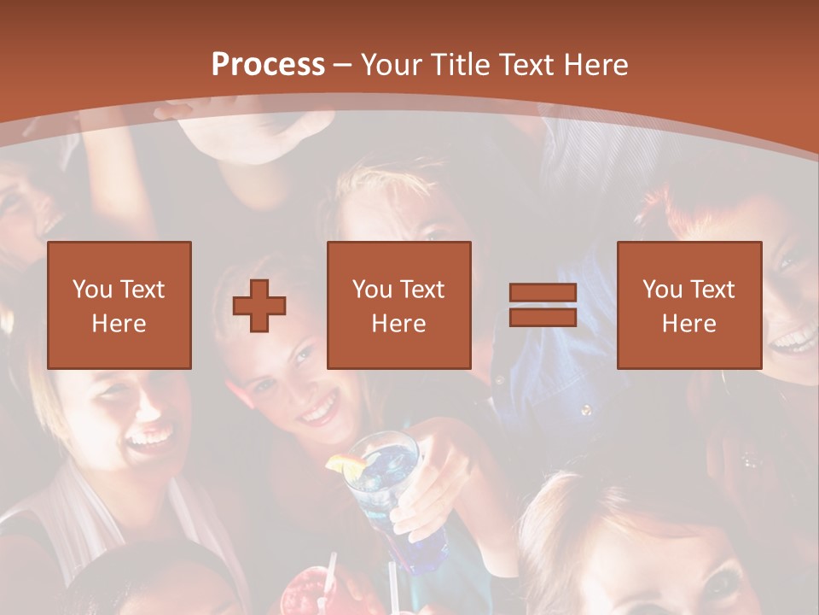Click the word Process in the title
(x=268, y=65)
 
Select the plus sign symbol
(x=259, y=305)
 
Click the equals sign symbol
(x=543, y=305)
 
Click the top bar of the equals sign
(x=543, y=293)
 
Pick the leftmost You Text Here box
(x=119, y=305)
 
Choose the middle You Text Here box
(x=398, y=305)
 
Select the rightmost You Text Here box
(x=688, y=305)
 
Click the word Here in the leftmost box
(x=119, y=324)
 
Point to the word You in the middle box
(x=372, y=290)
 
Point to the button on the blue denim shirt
(x=585, y=410)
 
